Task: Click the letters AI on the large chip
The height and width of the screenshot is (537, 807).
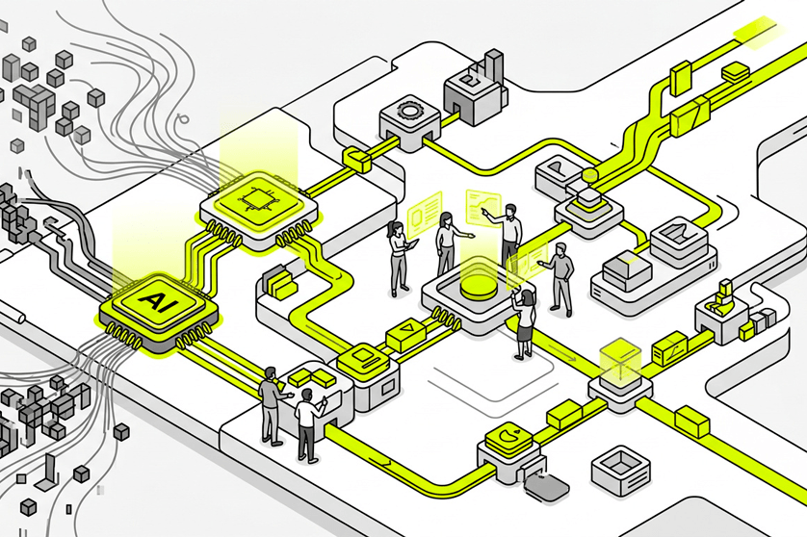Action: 153,300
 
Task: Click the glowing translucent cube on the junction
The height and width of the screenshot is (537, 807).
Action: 618,360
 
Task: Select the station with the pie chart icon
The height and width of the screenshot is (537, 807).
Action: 504,440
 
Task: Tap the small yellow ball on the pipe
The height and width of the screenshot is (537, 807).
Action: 588,174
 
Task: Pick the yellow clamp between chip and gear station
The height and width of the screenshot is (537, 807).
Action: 356,157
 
